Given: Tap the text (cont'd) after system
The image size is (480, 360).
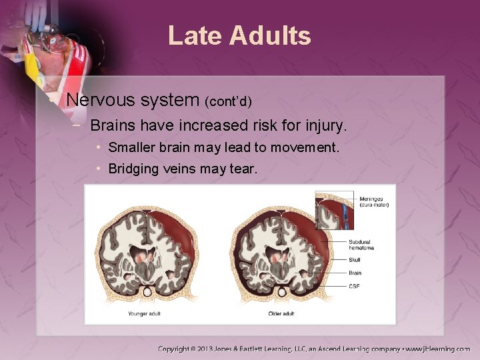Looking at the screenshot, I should (228, 102).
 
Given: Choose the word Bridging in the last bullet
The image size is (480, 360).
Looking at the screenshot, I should (133, 169).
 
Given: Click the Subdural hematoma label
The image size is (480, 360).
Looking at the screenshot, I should (361, 244).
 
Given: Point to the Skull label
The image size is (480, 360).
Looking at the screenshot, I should (355, 260).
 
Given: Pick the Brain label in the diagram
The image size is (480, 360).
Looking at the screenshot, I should (355, 273).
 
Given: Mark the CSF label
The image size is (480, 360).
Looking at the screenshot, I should (354, 286).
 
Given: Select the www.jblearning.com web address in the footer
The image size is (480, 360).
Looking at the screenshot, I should (439, 349).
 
